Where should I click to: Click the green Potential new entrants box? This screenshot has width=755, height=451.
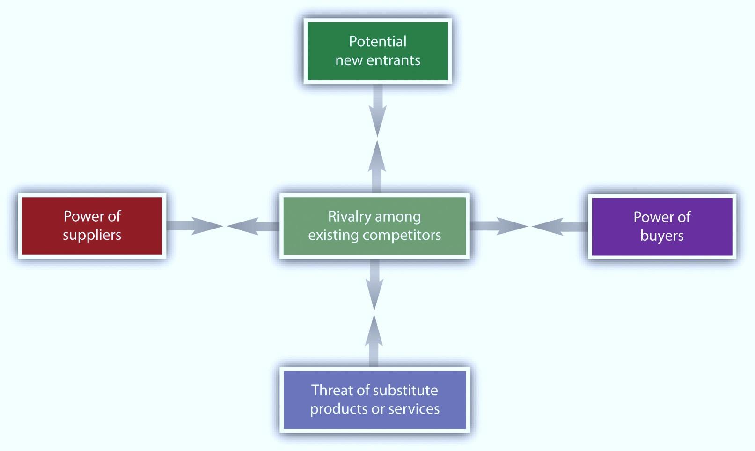[x=377, y=51]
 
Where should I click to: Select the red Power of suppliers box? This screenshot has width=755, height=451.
[x=92, y=226]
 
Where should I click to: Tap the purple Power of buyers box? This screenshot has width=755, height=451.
[x=662, y=226]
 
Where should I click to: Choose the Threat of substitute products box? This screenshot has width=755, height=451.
[x=374, y=399]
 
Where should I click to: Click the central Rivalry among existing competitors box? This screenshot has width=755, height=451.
[x=374, y=226]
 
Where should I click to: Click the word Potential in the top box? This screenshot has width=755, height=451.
[x=377, y=42]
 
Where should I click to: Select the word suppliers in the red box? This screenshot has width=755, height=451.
[x=92, y=235]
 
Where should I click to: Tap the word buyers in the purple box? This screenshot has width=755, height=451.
[x=662, y=236]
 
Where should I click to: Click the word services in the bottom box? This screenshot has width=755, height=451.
[x=414, y=409]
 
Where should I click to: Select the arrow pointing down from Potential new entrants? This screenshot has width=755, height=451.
[x=377, y=112]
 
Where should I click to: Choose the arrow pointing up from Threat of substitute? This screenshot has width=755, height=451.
[x=373, y=340]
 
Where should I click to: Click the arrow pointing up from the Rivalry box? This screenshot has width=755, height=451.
[x=376, y=166]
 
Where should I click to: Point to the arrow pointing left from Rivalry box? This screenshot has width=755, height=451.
[x=253, y=226]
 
